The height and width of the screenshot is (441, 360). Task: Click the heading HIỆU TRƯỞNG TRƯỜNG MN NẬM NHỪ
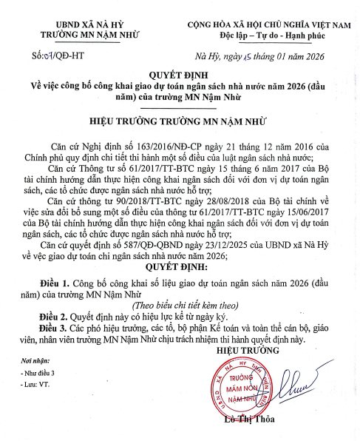pyautogui.click(x=180, y=118)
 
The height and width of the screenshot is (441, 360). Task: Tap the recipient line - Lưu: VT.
pyautogui.click(x=30, y=386)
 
